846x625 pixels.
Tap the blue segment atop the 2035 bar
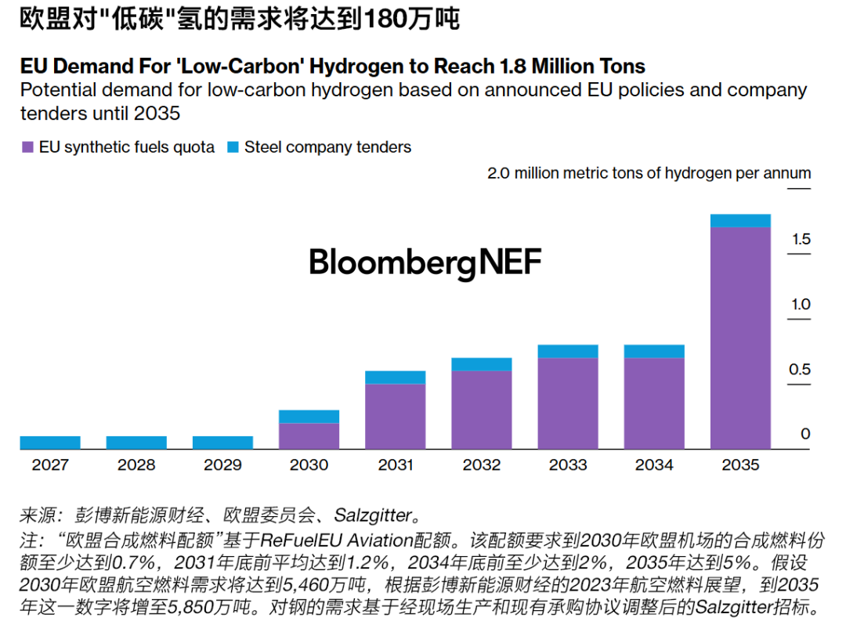click(x=740, y=221)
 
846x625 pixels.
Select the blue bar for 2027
click(x=50, y=443)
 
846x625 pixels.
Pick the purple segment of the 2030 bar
click(x=309, y=435)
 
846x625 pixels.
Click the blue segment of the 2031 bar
click(x=395, y=378)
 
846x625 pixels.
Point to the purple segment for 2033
click(x=567, y=403)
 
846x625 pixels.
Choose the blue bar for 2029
click(x=222, y=443)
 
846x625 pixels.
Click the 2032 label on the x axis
click(x=481, y=464)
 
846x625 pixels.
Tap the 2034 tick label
click(x=653, y=464)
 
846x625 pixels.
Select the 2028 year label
click(x=136, y=464)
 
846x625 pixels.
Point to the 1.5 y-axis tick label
click(x=801, y=240)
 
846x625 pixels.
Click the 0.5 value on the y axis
click(x=801, y=370)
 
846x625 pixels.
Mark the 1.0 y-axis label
click(x=801, y=305)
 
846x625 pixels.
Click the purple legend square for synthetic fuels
click(x=28, y=147)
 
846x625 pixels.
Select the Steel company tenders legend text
click(x=327, y=147)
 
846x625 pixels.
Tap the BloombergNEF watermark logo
click(x=425, y=262)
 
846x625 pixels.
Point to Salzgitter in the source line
click(x=373, y=515)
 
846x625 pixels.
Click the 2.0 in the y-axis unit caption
click(x=498, y=173)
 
